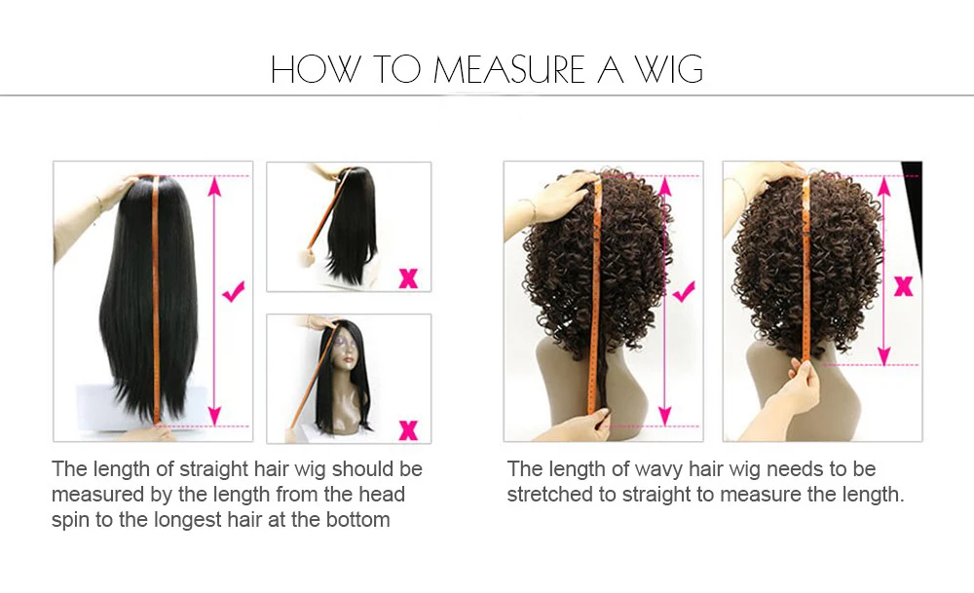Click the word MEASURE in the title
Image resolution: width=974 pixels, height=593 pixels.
click(508, 69)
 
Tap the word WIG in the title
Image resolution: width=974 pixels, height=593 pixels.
click(668, 69)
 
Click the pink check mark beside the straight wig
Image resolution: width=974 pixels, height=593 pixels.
click(234, 290)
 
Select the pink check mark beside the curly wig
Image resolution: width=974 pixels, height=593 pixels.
click(684, 290)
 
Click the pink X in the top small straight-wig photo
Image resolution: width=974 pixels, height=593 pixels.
click(408, 278)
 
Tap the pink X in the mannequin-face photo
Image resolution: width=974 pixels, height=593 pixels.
click(408, 429)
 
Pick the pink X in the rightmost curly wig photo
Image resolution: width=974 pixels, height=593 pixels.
click(903, 286)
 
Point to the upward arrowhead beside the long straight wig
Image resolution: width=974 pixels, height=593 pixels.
click(214, 186)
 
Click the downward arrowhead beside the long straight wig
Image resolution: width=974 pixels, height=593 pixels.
click(214, 416)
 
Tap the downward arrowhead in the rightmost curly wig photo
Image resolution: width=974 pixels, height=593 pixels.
click(884, 355)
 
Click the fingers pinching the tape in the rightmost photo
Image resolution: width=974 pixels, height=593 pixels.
click(803, 373)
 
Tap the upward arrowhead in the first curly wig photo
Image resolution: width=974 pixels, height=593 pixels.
click(664, 186)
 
